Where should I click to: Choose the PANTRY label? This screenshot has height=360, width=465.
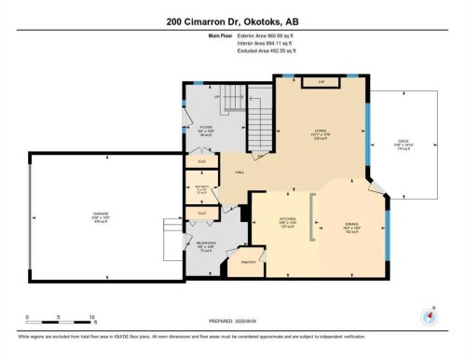coord(248,262)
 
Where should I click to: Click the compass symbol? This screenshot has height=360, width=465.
coord(431,317)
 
